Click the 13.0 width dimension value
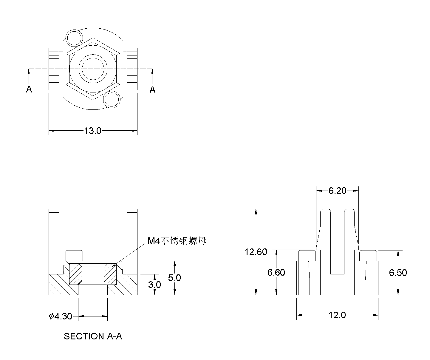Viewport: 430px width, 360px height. [92, 131]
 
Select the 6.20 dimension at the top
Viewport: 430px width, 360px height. [337, 191]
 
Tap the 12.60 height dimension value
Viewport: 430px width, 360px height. [256, 252]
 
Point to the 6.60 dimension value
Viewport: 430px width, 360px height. [276, 272]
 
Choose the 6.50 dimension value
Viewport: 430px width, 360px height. [398, 273]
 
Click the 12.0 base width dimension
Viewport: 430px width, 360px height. [337, 315]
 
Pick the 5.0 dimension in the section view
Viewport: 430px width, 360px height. [174, 278]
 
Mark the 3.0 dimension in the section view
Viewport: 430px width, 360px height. [154, 285]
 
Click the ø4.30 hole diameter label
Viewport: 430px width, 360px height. [61, 316]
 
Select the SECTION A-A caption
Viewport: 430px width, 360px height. [93, 336]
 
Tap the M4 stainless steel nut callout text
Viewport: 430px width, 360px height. [177, 241]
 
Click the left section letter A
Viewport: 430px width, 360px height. [29, 89]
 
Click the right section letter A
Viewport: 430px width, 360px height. [152, 89]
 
